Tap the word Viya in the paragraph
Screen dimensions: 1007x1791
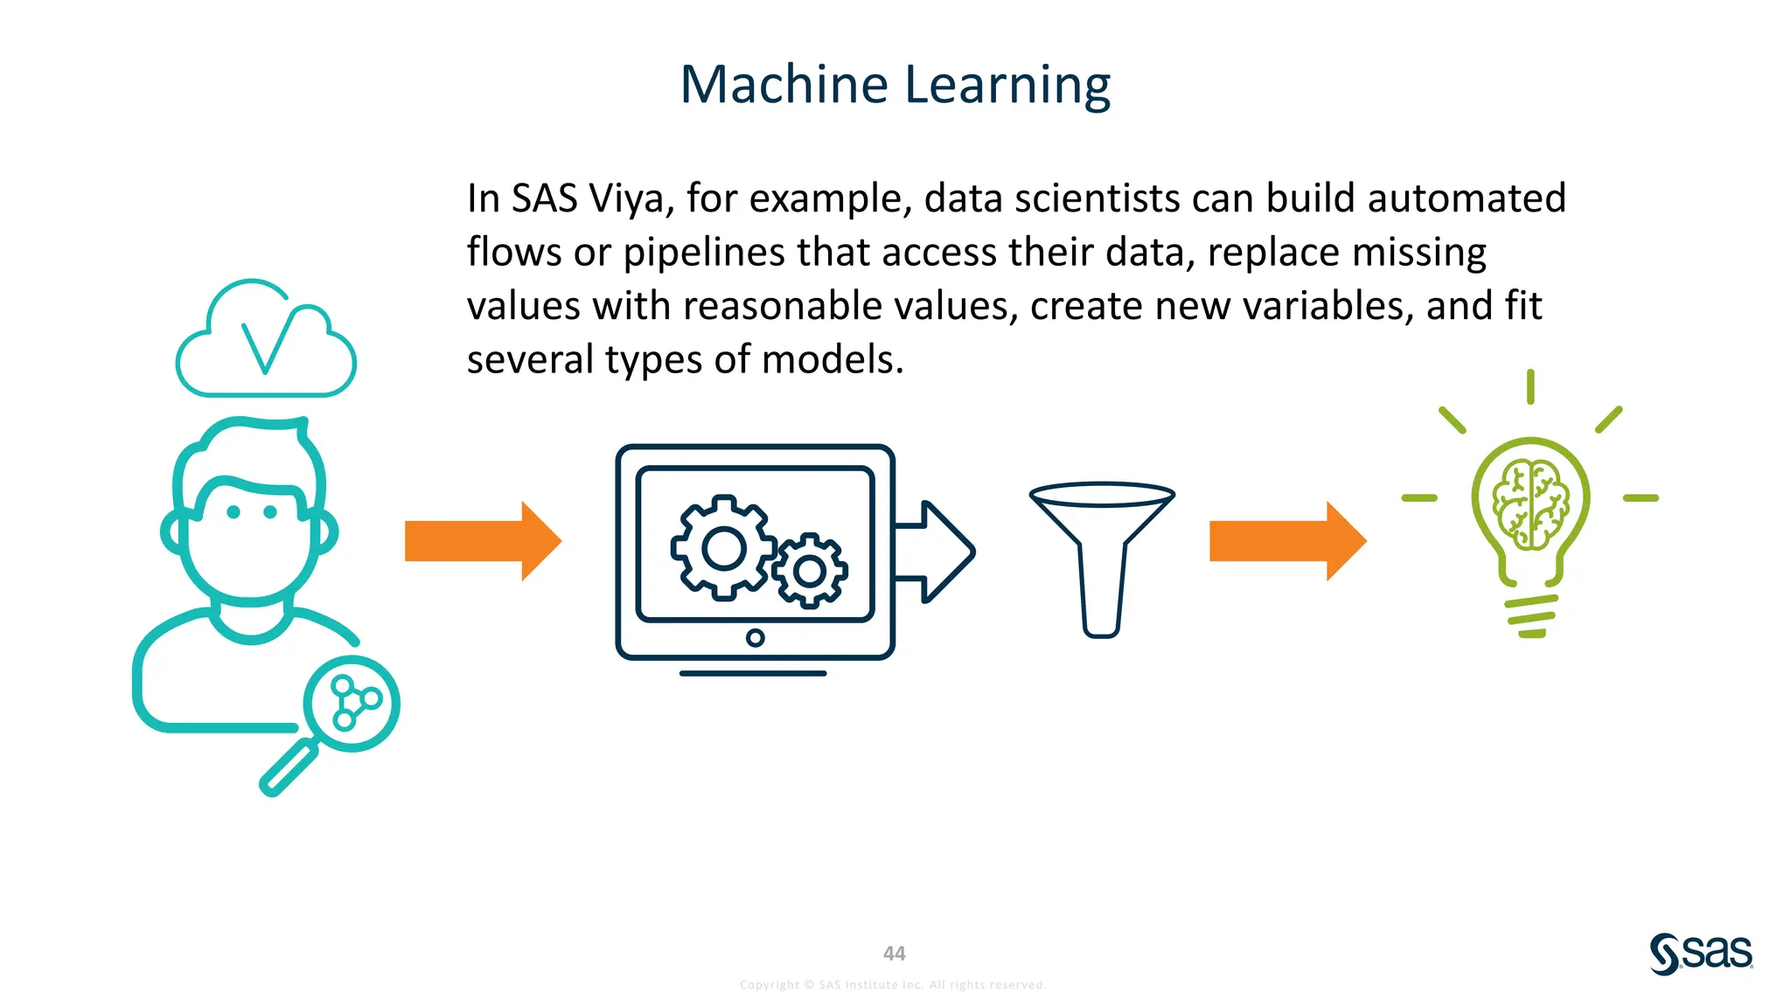(x=626, y=198)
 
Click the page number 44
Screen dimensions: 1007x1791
(x=894, y=953)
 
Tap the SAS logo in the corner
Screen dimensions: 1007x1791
(x=1701, y=953)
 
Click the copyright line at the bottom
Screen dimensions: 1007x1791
(x=892, y=984)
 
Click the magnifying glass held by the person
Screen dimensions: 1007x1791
(x=350, y=705)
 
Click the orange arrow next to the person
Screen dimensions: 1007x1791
(x=482, y=541)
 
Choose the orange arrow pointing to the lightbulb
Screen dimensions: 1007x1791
(x=1286, y=541)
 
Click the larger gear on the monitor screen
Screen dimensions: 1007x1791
(x=722, y=548)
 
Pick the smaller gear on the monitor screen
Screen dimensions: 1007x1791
(x=809, y=571)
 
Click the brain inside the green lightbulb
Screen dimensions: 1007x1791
(x=1530, y=504)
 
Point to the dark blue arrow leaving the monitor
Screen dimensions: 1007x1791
(x=936, y=552)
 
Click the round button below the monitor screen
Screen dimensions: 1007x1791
(x=755, y=638)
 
